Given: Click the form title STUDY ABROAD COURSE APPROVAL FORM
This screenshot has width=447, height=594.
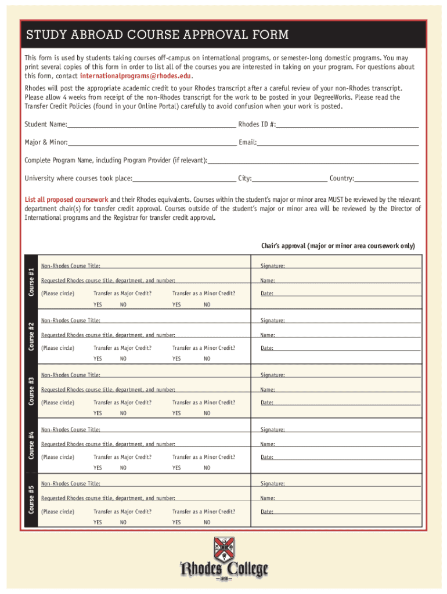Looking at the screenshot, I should [157, 35].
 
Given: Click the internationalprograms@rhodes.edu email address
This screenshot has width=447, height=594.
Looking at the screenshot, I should [136, 76].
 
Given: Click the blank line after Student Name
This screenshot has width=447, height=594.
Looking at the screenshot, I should [151, 125].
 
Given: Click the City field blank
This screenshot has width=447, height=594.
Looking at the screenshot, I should [290, 179].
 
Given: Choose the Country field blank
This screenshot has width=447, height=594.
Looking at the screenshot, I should [386, 179].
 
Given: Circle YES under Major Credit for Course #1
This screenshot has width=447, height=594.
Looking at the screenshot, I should [98, 305].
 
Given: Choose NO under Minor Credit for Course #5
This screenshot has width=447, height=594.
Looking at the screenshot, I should [207, 522].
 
